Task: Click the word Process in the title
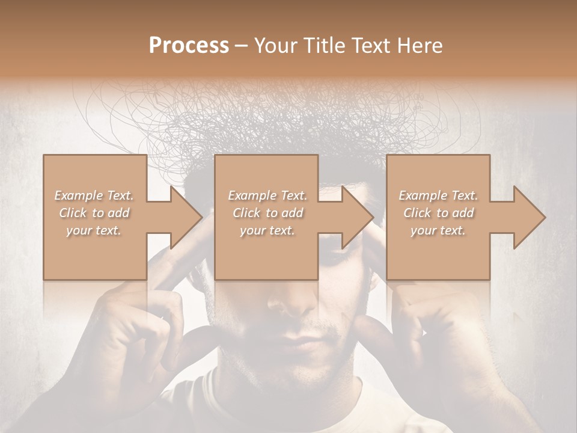[x=189, y=45]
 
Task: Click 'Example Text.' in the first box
[x=94, y=195]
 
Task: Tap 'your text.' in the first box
[x=94, y=230]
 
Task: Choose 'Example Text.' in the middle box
[x=267, y=195]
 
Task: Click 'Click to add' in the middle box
[x=267, y=213]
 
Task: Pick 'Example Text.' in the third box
[x=438, y=195]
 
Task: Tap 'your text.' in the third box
[x=438, y=230]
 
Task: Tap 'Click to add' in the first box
[x=94, y=213]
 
